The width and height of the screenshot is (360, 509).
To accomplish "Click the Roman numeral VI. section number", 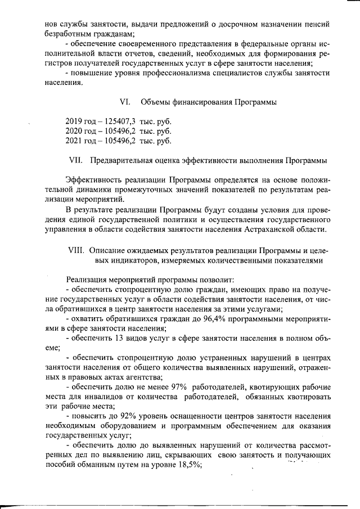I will coord(125,102).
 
